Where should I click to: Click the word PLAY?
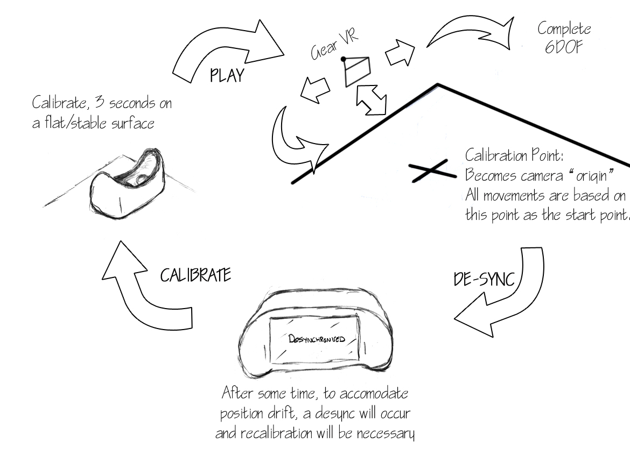(227, 75)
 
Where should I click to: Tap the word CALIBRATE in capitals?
(195, 275)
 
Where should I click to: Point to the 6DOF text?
(564, 46)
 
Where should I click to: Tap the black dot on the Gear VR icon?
(343, 59)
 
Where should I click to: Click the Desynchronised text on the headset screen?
(315, 339)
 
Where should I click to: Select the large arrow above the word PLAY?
(226, 48)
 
